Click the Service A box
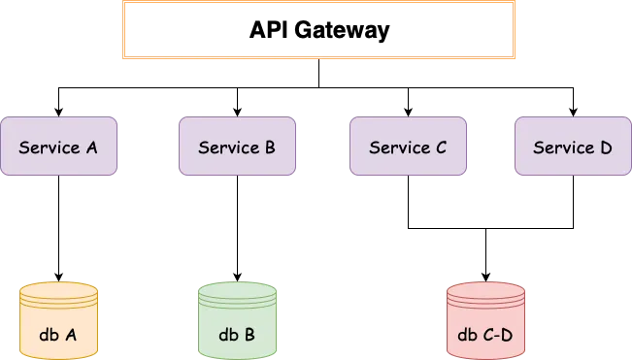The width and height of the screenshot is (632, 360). pos(58,147)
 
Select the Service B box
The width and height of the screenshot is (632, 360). pos(237,147)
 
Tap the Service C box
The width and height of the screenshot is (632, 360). pos(408,147)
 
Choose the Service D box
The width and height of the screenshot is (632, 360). pos(573,147)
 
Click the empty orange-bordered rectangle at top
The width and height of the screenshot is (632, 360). pos(319,32)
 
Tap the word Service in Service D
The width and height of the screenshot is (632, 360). pos(561,147)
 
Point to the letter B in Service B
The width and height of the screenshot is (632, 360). pos(270,147)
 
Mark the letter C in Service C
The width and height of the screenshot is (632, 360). pos(441,147)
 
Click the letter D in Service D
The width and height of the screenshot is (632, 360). pos(606,147)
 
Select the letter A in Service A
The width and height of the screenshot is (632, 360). pos(91,147)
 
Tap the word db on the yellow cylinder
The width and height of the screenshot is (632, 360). pos(49,336)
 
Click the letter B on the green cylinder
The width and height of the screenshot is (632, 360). pos(249,336)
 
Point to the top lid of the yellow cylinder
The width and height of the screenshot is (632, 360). pos(58,290)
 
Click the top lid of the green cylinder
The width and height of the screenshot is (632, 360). pos(237,290)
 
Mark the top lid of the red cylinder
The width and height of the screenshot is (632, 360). pos(485,290)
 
